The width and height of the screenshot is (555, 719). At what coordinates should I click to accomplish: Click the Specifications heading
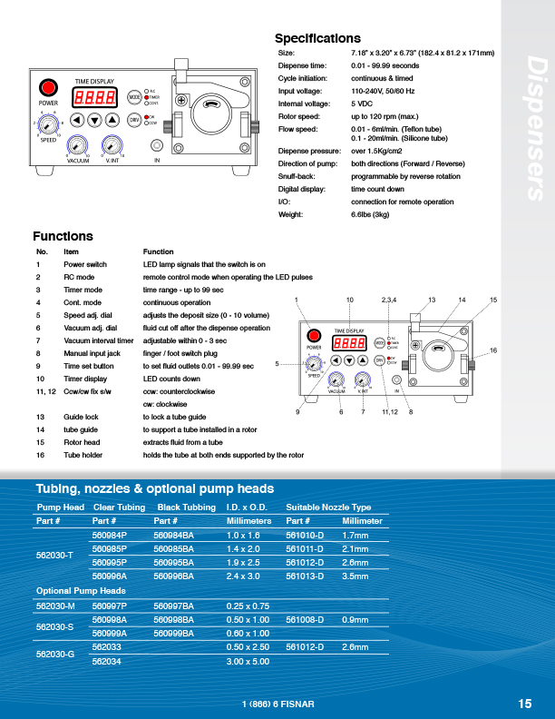click(x=317, y=38)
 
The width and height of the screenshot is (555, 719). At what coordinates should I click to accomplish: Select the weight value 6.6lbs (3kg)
click(x=370, y=214)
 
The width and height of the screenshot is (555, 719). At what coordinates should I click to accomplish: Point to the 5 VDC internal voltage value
click(x=364, y=103)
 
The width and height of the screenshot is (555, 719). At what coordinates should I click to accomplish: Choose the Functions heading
click(x=63, y=236)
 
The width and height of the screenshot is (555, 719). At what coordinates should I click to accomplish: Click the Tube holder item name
click(x=83, y=455)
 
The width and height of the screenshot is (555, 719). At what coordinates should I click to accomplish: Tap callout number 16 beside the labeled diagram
click(x=493, y=350)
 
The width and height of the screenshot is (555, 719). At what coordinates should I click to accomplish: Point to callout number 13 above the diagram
click(x=432, y=300)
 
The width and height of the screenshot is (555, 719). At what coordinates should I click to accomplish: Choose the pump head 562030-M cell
click(x=54, y=605)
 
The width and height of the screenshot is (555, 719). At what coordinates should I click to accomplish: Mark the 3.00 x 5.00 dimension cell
click(x=248, y=661)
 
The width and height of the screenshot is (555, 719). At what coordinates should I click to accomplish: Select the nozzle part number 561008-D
click(x=305, y=619)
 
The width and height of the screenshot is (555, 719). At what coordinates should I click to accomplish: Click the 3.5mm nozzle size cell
click(x=355, y=576)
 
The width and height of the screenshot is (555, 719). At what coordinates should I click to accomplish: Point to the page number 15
click(x=525, y=704)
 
